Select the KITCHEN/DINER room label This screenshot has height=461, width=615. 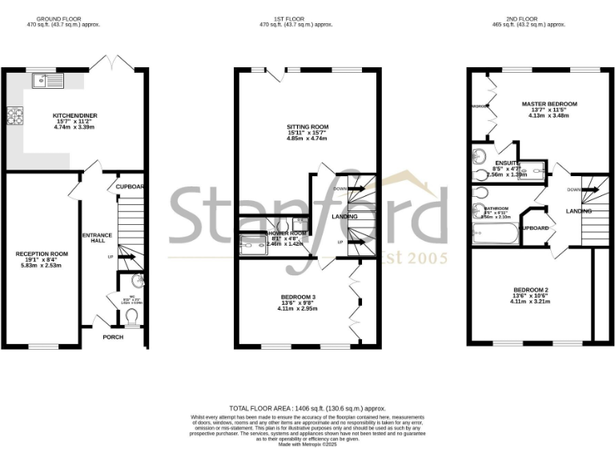pyautogui.click(x=75, y=115)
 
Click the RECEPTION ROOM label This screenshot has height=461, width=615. pyautogui.click(x=42, y=254)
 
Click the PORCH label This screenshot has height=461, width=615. pyautogui.click(x=113, y=337)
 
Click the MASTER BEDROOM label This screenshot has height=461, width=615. pyautogui.click(x=549, y=104)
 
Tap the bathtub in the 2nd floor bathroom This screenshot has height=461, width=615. pyautogui.click(x=496, y=235)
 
